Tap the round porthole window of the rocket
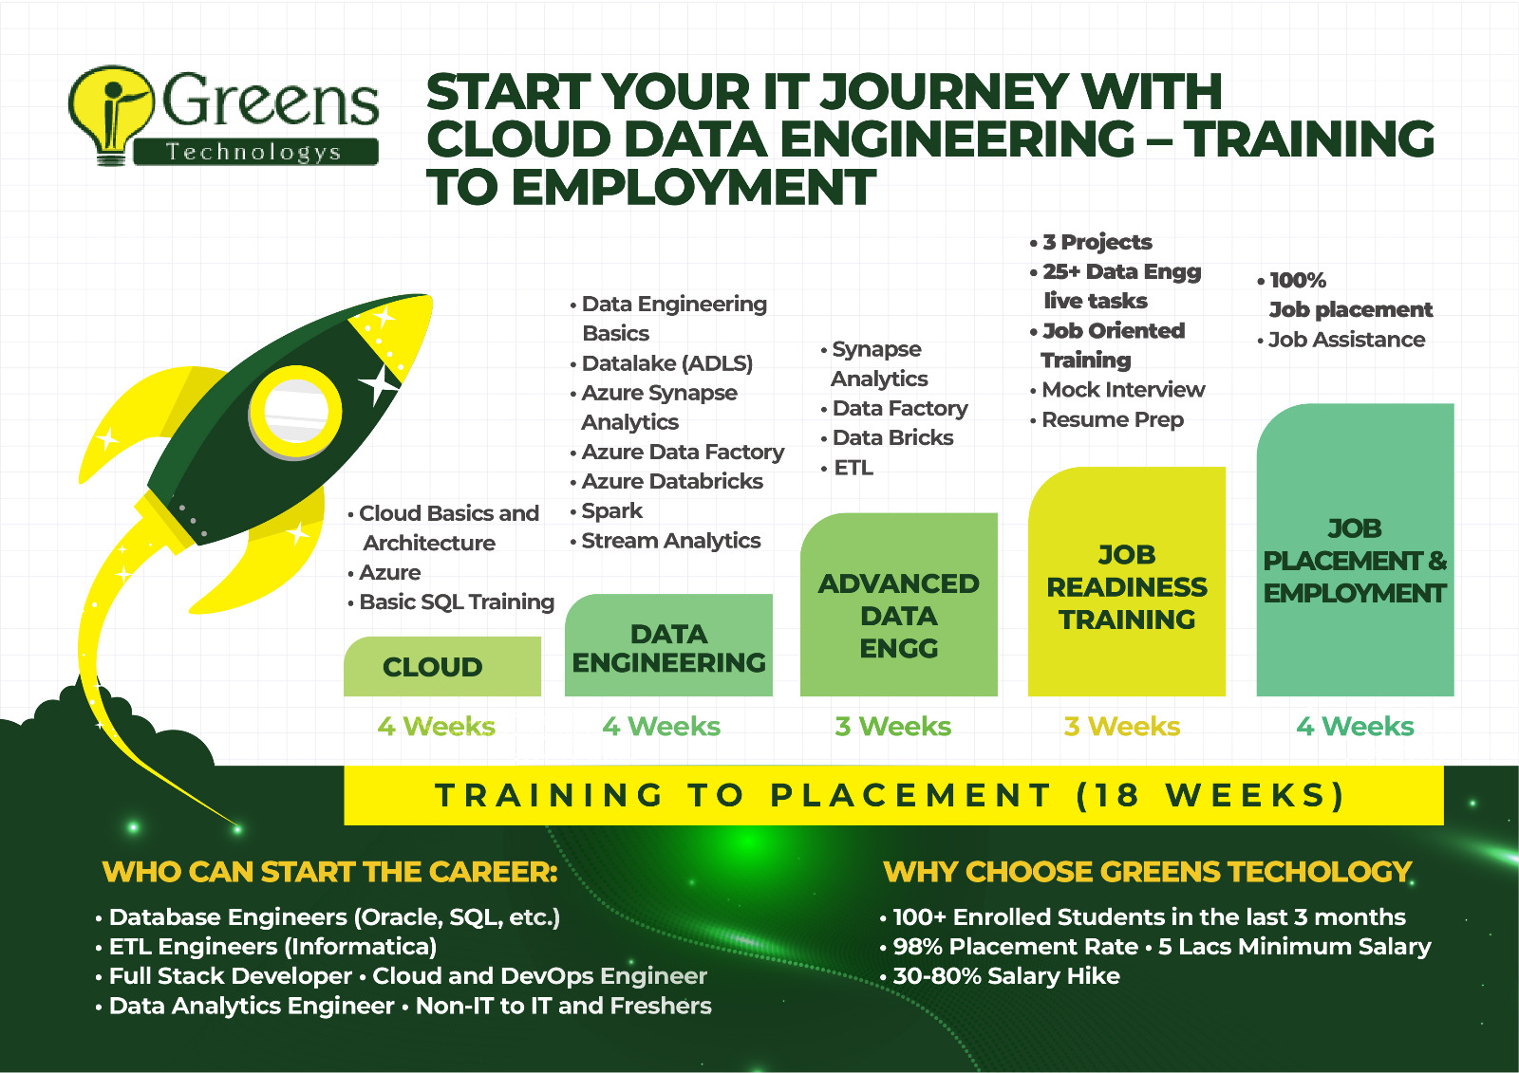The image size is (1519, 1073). tap(295, 412)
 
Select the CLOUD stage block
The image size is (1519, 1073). tap(442, 666)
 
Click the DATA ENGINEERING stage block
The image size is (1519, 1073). tap(668, 645)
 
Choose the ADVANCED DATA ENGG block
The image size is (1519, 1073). tap(898, 604)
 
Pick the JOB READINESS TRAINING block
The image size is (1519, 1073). tap(1126, 582)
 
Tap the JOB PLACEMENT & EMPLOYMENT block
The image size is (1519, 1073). tap(1355, 549)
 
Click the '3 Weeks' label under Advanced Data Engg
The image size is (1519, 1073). tap(893, 727)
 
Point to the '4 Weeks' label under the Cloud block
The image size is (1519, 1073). tap(436, 727)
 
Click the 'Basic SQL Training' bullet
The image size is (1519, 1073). tap(451, 601)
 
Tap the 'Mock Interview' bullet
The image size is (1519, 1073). tap(1116, 390)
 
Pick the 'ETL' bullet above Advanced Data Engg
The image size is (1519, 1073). tap(847, 468)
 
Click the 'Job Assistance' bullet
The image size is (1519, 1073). tap(1341, 340)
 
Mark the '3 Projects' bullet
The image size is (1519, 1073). tap(1091, 242)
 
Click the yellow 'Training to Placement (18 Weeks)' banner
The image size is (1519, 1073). tap(893, 795)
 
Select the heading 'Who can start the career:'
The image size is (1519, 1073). tap(329, 873)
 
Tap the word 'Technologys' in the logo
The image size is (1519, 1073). tap(254, 152)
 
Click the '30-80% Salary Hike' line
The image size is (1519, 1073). tap(1000, 976)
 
